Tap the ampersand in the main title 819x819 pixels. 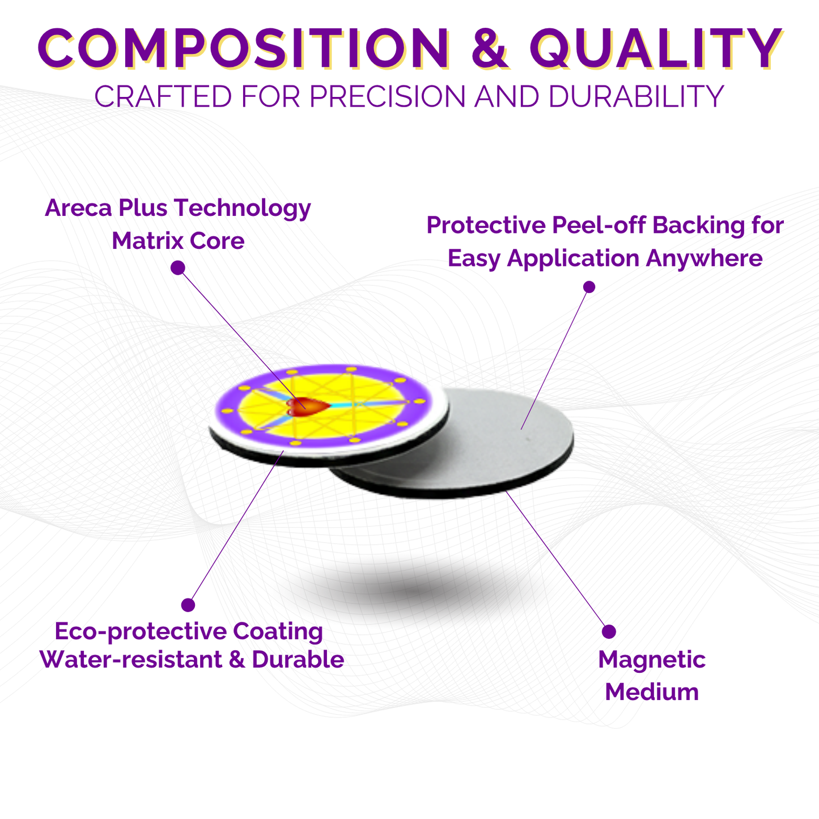click(490, 48)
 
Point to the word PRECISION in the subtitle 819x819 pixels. click(388, 96)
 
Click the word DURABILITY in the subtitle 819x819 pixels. click(636, 96)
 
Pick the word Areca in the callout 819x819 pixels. click(78, 208)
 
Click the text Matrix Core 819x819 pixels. click(178, 240)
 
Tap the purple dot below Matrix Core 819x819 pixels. click(177, 268)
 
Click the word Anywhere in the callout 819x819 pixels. click(705, 258)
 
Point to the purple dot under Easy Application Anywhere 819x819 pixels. click(589, 287)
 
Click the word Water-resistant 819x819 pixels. click(131, 660)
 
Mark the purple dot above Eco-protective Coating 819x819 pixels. click(188, 605)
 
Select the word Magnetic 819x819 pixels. click(652, 660)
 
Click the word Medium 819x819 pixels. click(652, 693)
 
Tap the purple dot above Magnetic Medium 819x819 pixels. click(609, 631)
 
